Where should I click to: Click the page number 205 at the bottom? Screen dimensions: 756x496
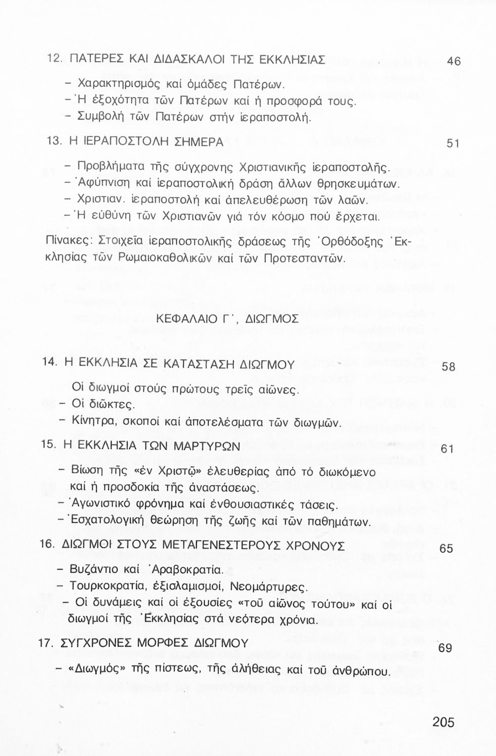pyautogui.click(x=443, y=722)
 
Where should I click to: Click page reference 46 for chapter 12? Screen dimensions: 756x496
pyautogui.click(x=454, y=61)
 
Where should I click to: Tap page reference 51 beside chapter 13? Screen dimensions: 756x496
pyautogui.click(x=453, y=143)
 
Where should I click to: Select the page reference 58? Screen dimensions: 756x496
pyautogui.click(x=448, y=367)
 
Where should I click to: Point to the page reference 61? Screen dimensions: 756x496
pyautogui.click(x=448, y=449)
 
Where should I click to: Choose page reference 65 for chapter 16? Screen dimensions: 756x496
pyautogui.click(x=446, y=548)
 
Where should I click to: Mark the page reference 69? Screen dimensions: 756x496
pyautogui.click(x=445, y=648)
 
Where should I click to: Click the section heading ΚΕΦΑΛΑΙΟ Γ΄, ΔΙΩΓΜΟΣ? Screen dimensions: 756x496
pyautogui.click(x=228, y=319)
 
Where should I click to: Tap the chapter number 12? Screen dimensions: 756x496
pyautogui.click(x=54, y=58)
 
